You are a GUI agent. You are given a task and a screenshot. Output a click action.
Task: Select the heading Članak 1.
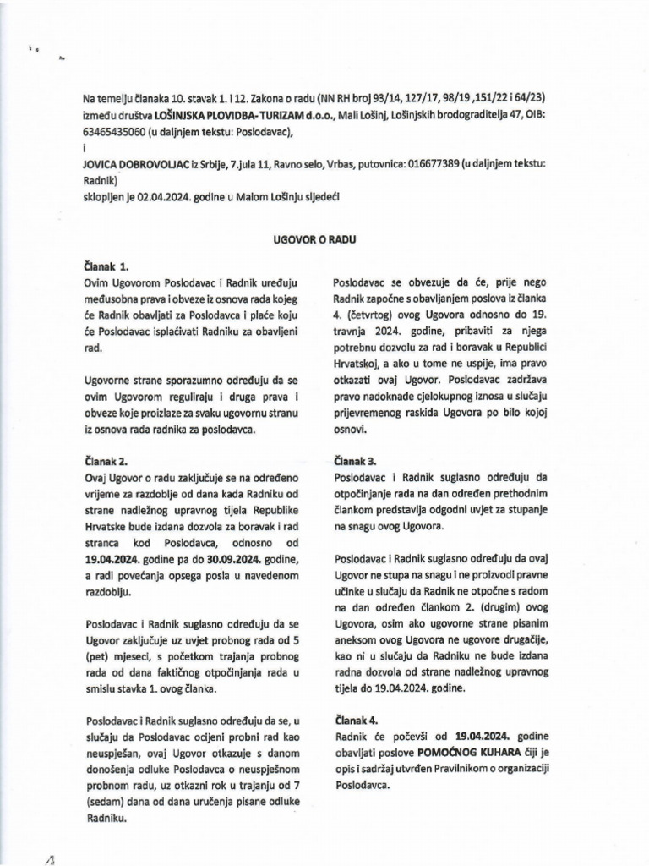[x=105, y=266]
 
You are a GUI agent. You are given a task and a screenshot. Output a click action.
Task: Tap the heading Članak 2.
[x=105, y=461]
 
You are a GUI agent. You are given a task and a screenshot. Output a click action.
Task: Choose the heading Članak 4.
[x=355, y=720]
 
